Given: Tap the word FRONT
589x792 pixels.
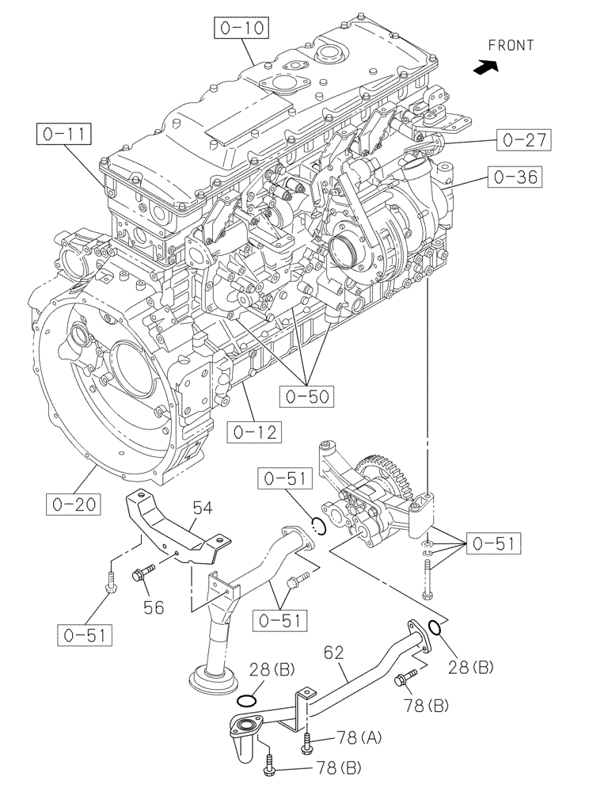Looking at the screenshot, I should click(x=511, y=45).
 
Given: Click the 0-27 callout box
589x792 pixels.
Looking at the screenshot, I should click(x=524, y=140).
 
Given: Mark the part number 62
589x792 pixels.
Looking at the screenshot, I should click(x=335, y=653).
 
